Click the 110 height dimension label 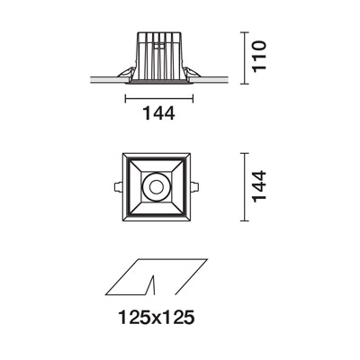259,56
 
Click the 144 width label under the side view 159,113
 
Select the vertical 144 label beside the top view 259,186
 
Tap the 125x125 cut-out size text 157,318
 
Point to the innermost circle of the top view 156,187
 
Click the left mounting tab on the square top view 118,187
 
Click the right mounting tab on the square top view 194,187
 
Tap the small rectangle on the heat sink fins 159,46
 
